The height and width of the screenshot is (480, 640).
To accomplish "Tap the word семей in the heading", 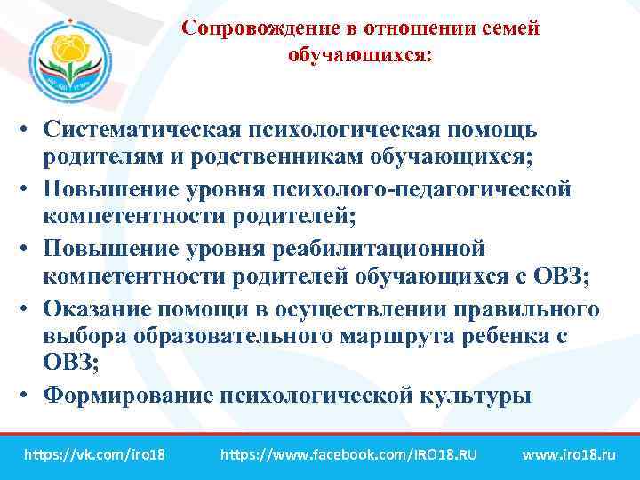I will (x=508, y=28).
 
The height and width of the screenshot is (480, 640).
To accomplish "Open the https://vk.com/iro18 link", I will (x=95, y=454).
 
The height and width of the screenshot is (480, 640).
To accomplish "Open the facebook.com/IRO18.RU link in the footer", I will (x=348, y=454).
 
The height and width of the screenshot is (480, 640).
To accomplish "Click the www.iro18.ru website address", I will (x=569, y=454).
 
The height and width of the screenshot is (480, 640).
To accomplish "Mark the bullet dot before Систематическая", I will (x=29, y=132).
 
